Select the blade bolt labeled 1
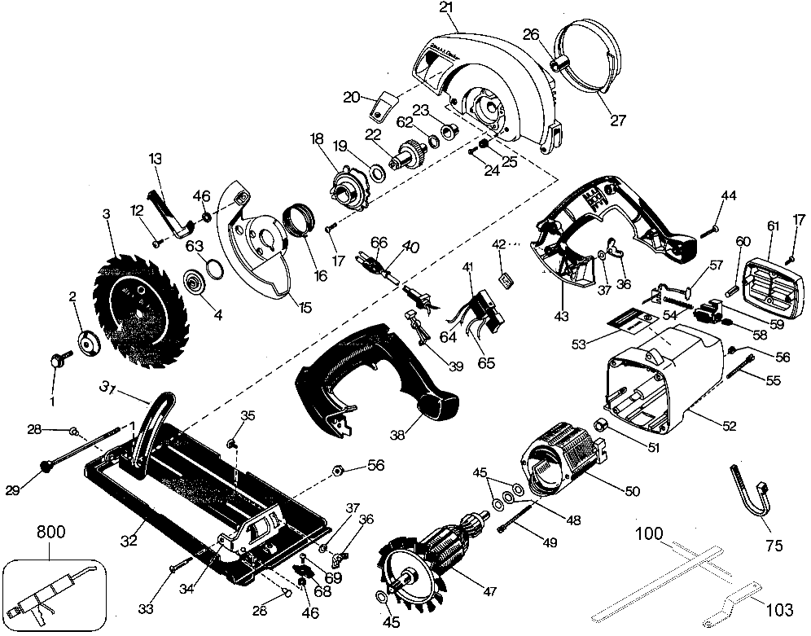click(x=59, y=359)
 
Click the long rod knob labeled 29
click(x=47, y=465)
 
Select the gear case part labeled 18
click(x=347, y=189)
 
